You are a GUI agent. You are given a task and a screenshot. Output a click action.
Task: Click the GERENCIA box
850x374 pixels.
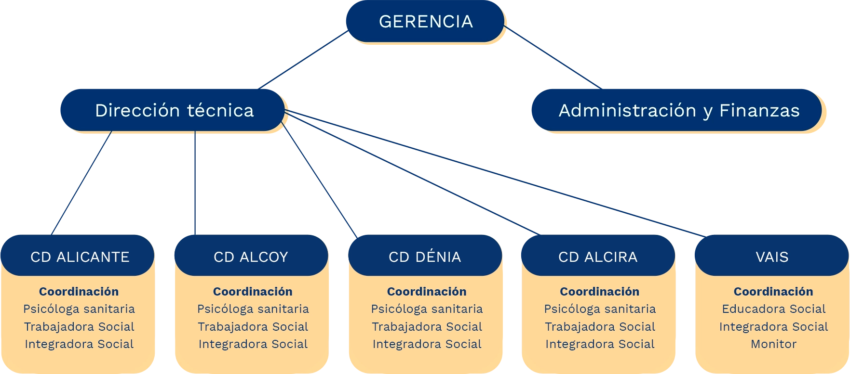click(x=425, y=22)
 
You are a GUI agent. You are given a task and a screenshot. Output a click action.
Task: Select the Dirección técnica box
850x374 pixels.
click(x=174, y=110)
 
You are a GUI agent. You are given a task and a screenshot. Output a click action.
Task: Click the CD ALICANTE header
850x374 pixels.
click(x=80, y=257)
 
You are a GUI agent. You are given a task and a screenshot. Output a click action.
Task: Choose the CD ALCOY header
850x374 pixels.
click(x=251, y=257)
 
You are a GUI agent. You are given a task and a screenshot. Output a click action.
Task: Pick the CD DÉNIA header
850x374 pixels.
click(x=425, y=257)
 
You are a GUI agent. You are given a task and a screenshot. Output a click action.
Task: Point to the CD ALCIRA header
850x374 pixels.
click(x=598, y=257)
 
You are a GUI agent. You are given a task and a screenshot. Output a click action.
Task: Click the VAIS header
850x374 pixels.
click(x=772, y=257)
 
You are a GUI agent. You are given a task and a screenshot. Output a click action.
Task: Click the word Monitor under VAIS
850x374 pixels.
click(x=773, y=344)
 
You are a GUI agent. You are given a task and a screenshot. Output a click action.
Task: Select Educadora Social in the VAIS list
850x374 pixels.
click(x=773, y=309)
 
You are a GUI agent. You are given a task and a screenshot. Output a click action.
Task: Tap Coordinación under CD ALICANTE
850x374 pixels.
click(x=79, y=292)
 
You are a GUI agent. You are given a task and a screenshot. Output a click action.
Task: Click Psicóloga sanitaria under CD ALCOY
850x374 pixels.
click(x=253, y=309)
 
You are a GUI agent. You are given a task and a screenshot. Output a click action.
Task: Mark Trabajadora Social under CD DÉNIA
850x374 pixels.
click(x=427, y=327)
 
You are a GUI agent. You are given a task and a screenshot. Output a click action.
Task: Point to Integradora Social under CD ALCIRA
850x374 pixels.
click(x=600, y=344)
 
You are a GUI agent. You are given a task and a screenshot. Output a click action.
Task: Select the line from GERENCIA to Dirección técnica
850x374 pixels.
click(x=301, y=61)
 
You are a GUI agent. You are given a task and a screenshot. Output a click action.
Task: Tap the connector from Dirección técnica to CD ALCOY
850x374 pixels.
click(x=195, y=183)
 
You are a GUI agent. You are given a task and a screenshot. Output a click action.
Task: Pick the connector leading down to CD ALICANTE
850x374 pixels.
click(x=81, y=183)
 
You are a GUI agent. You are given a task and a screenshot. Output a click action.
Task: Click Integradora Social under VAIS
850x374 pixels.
click(x=773, y=327)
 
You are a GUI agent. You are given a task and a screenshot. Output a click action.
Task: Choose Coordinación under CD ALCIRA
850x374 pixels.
click(x=600, y=292)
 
